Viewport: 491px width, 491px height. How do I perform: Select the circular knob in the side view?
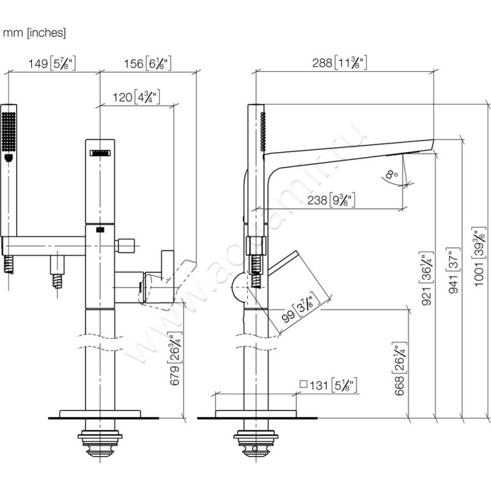tap(236, 287)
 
